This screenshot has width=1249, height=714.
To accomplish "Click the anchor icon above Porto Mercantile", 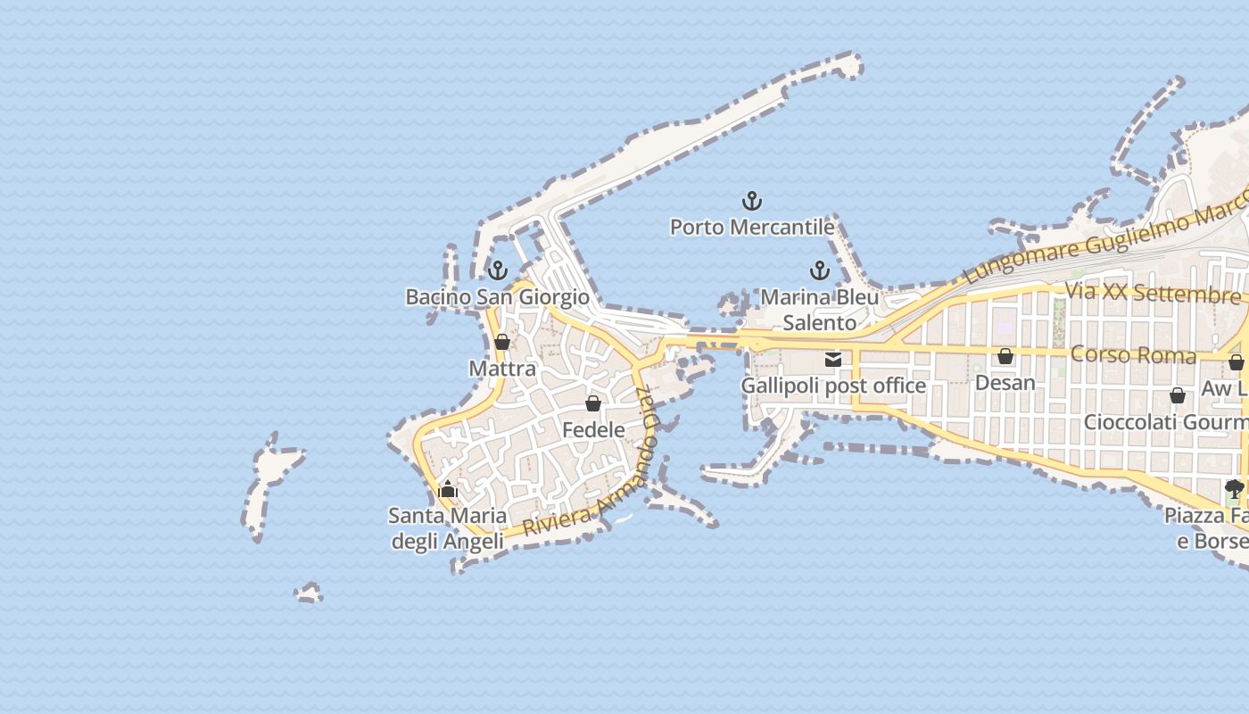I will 752,201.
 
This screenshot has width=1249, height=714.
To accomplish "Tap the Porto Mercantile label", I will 752,228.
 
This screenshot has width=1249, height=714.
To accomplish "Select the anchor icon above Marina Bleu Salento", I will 819,270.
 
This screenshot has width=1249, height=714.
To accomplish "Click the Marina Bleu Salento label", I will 819,310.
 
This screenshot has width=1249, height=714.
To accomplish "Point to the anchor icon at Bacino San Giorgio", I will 498,270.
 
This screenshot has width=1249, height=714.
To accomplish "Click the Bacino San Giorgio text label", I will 498,297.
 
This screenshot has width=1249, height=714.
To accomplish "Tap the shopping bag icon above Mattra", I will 502,342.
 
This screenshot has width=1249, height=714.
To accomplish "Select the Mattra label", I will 502,369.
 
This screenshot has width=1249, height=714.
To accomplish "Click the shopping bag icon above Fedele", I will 593,403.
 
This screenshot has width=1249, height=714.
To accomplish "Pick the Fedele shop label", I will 593,430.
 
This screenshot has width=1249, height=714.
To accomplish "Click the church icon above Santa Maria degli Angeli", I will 448,489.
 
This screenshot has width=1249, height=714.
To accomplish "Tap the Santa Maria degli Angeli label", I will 448,528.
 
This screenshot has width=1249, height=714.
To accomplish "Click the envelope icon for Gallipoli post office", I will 833,360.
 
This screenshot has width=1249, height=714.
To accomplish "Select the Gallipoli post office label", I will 833,386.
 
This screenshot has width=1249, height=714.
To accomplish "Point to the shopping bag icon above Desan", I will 1005,356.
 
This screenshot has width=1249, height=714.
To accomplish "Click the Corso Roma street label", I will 1133,354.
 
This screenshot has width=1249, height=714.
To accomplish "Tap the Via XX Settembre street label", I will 1153,293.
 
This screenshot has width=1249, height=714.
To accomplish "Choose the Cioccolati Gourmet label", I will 1165,421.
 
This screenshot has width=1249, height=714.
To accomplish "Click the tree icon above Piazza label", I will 1235,488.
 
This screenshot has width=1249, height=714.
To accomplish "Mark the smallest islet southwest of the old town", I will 309,593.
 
